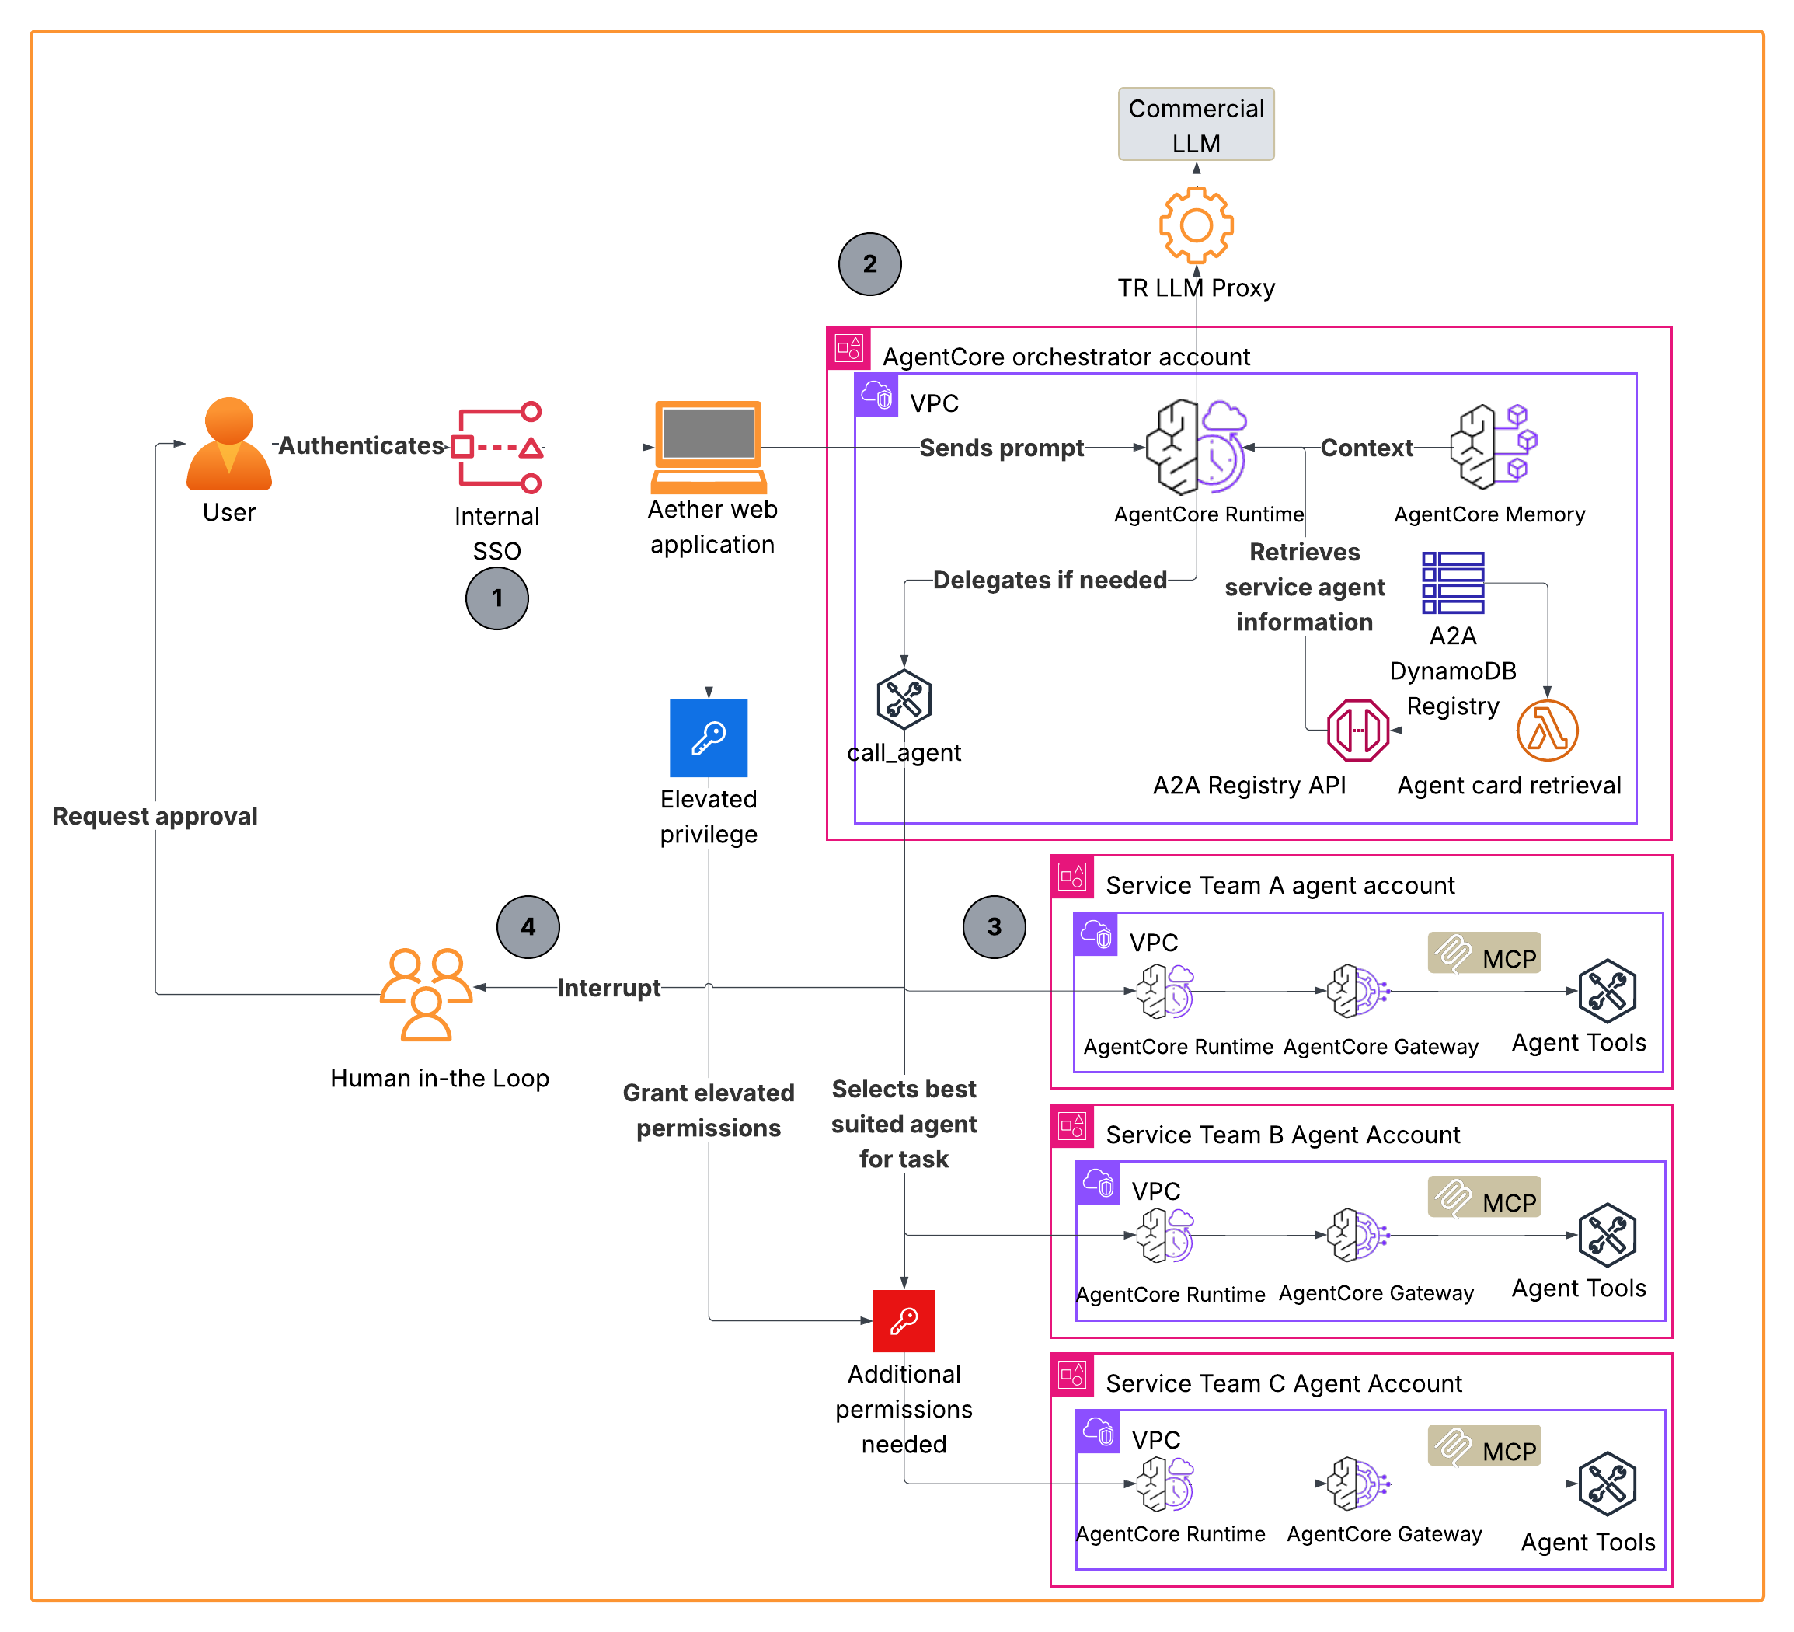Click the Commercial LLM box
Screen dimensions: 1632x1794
pos(1195,124)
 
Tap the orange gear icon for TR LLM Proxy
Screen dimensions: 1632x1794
pos(1195,225)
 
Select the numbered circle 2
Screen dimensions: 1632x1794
pos(869,264)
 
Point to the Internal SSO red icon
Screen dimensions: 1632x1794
pos(496,448)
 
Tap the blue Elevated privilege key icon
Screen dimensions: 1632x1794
pos(709,738)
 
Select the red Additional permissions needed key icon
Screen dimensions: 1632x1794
pos(904,1320)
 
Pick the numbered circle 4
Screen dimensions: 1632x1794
pos(528,926)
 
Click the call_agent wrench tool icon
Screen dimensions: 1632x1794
pos(904,699)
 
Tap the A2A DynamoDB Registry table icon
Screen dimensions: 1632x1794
pos(1452,583)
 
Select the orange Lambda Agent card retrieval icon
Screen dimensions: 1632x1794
pos(1547,731)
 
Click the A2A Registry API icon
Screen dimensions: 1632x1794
pos(1357,731)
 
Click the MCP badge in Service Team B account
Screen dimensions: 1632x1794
pos(1483,1198)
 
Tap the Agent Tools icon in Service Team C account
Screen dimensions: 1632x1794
pos(1606,1484)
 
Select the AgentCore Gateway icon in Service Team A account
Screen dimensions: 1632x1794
pos(1355,990)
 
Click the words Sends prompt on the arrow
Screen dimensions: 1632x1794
pos(1002,448)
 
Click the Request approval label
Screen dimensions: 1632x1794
pos(155,816)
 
